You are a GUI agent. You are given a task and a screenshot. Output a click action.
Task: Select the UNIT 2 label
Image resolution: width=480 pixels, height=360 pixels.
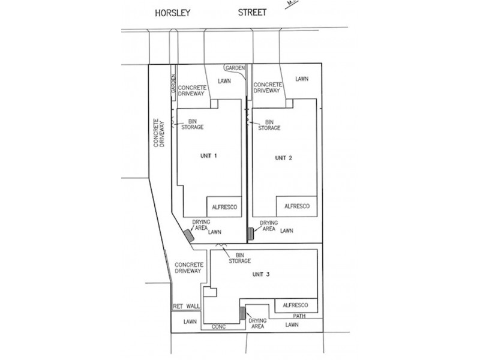pos(283,158)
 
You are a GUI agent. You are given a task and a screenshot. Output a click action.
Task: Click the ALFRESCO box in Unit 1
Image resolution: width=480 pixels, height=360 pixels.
pos(225,206)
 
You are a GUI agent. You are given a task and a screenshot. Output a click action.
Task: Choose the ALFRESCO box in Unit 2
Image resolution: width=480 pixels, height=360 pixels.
pos(296,206)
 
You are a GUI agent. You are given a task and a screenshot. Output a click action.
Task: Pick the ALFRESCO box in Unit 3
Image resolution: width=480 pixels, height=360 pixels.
pos(296,305)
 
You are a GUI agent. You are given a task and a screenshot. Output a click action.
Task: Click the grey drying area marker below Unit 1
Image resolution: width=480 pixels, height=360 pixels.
pos(189,236)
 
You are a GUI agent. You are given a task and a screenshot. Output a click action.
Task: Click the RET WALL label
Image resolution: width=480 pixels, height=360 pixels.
pos(186,306)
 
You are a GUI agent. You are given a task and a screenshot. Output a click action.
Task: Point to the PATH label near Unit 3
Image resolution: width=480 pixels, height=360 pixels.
pos(301,316)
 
